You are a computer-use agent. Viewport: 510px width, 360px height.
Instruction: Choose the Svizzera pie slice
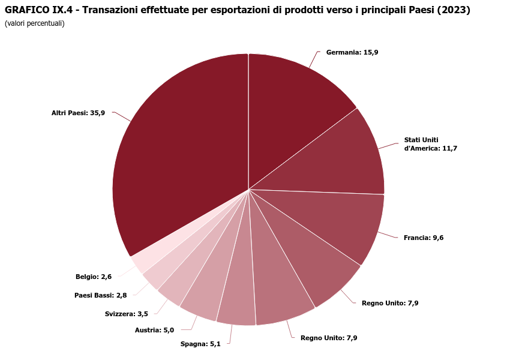tap(180, 276)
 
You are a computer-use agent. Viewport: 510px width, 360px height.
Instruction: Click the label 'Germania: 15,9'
tap(352, 52)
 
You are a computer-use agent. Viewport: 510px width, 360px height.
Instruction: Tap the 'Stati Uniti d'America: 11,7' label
tap(430, 144)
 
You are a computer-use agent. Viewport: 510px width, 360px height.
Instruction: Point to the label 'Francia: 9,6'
tap(424, 238)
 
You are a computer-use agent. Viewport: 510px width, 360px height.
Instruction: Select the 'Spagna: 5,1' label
tap(200, 344)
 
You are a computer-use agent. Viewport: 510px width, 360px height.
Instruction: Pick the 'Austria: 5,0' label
tap(154, 329)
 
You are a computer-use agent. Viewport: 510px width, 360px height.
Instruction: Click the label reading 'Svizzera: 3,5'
tap(126, 314)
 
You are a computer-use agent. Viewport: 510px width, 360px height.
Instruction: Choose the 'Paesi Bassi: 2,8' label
tap(100, 295)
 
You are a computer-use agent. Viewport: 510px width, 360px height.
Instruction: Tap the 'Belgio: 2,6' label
tap(94, 277)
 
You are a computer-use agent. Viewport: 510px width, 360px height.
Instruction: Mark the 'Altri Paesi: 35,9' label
tap(78, 113)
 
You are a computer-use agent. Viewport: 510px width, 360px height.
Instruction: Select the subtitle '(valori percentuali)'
tap(34, 23)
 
